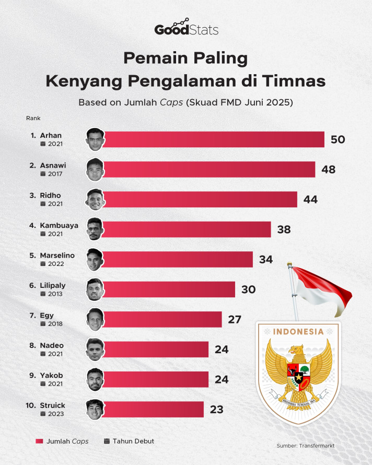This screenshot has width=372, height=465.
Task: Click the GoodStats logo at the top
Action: pos(187,27)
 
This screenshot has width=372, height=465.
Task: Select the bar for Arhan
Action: pos(214,140)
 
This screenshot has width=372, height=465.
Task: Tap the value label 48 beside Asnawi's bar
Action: pos(329,170)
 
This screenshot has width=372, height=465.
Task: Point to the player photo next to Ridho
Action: pos(95,200)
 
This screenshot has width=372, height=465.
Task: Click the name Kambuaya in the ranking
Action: pos(59,225)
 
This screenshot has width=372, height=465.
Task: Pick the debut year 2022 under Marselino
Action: pos(56,264)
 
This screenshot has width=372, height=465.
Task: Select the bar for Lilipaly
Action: pos(169,289)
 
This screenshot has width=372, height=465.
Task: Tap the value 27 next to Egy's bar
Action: pos(235,320)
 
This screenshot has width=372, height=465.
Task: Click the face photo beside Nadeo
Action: pos(95,350)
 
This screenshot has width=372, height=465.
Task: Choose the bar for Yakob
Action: pos(156,380)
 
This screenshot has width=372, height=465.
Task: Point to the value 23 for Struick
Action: pos(216,410)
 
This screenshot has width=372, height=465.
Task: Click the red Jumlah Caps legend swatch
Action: pos(39,441)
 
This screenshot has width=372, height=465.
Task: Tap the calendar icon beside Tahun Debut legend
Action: pos(107,441)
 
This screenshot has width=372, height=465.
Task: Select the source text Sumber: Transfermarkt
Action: pos(306,446)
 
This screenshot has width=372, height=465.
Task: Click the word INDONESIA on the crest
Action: pos(298,332)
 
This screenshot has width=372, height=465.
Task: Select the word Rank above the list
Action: pos(33,118)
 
